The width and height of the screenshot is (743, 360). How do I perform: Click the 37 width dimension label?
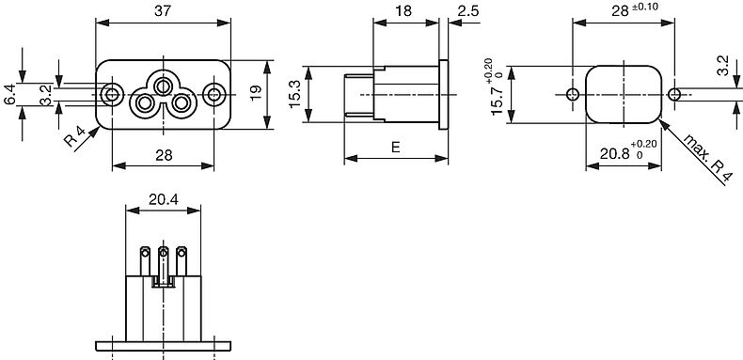click(x=163, y=11)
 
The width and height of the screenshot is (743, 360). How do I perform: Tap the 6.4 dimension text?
click(x=10, y=94)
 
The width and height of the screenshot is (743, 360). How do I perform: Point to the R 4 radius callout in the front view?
click(x=75, y=137)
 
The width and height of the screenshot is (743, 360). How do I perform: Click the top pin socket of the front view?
click(x=163, y=86)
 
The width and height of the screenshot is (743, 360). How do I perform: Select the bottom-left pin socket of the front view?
click(x=144, y=102)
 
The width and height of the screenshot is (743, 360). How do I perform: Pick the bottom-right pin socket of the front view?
click(x=181, y=102)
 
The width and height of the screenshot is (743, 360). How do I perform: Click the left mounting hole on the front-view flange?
click(x=112, y=94)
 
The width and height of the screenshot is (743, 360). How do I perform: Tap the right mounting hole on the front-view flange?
click(x=213, y=94)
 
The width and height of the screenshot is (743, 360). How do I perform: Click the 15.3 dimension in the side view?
click(x=294, y=94)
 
